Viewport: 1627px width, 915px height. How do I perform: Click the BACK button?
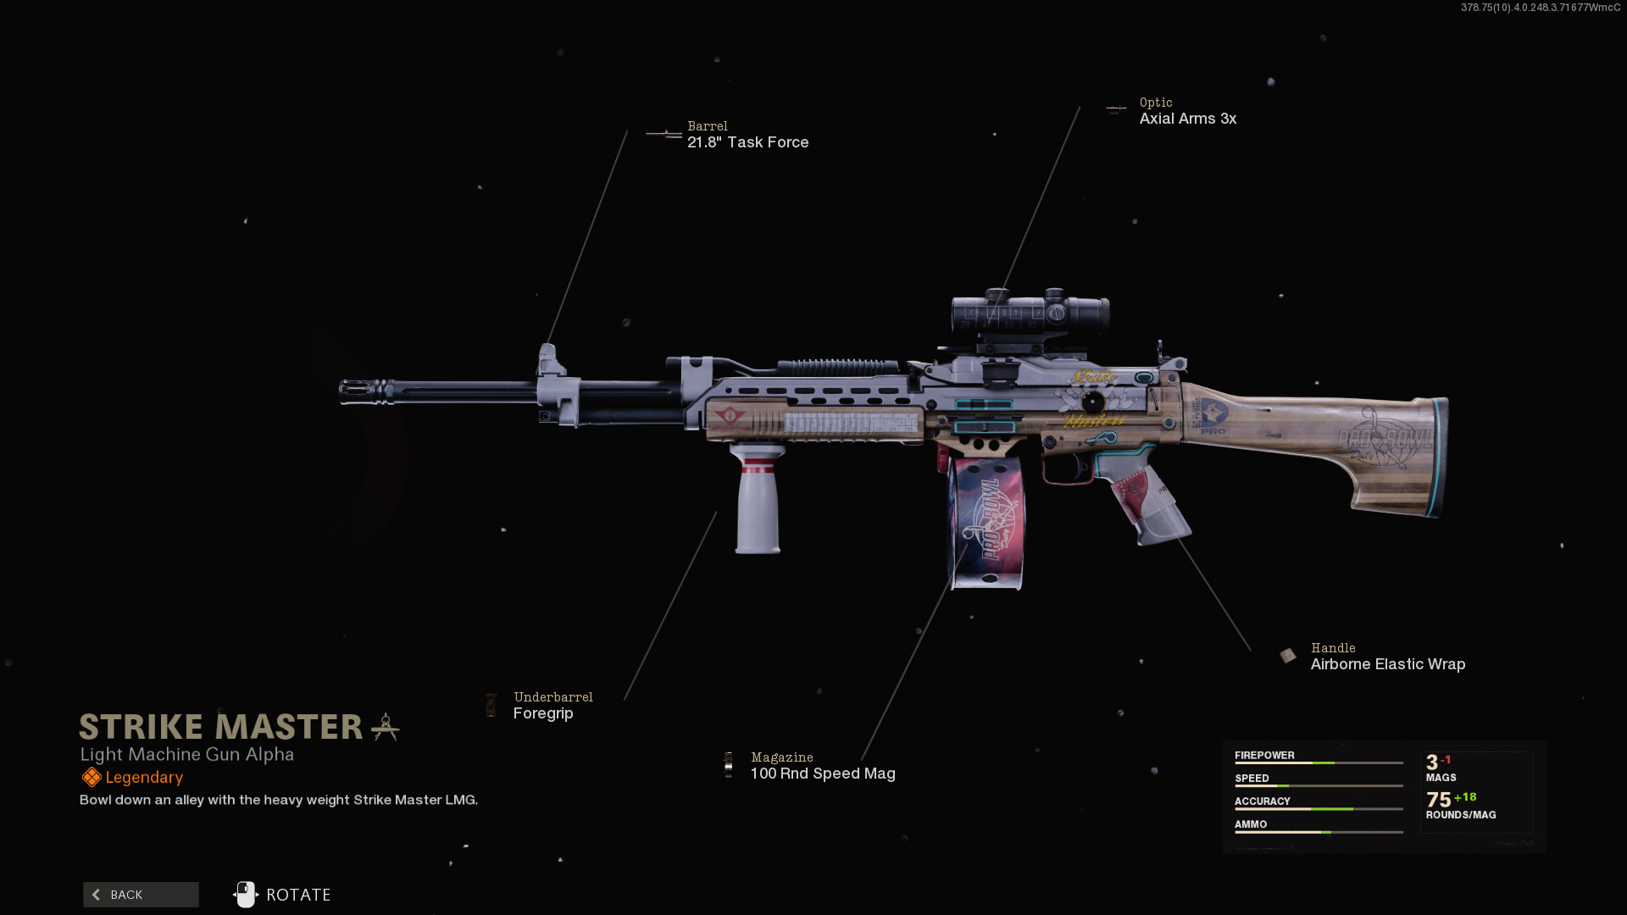[141, 895]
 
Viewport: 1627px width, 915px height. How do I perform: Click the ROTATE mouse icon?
[245, 895]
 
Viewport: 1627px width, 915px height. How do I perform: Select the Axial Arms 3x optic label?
[1187, 119]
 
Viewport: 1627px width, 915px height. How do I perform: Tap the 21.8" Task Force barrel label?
[747, 142]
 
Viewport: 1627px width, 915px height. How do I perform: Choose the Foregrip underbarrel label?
[543, 713]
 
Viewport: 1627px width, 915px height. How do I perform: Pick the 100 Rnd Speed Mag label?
[822, 774]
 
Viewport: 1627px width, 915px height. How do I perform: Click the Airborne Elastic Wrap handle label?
[1387, 664]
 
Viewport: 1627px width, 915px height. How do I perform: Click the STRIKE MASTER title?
[221, 727]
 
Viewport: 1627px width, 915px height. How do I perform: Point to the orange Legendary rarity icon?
[92, 777]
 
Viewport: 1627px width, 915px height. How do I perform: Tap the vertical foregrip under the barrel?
[758, 504]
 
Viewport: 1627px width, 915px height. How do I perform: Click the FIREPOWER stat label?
[1264, 755]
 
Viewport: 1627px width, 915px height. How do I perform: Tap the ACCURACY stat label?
[1262, 801]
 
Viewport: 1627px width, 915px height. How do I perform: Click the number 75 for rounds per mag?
[1438, 800]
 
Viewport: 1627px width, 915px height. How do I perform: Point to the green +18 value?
[1465, 796]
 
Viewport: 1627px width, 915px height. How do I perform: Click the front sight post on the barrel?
[549, 360]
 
